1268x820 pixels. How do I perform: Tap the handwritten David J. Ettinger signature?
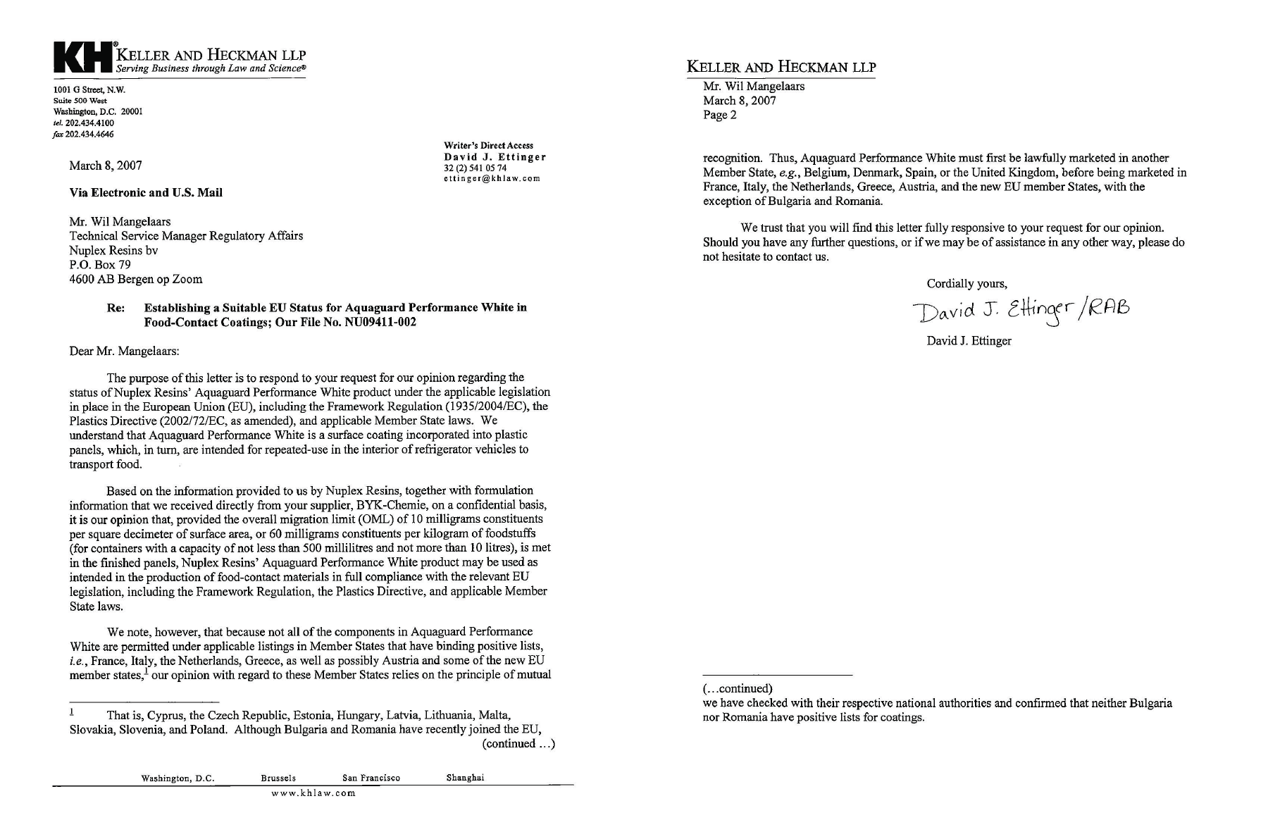[1020, 311]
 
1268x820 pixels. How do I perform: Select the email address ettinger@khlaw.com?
[492, 178]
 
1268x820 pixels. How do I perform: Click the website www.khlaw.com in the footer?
[313, 793]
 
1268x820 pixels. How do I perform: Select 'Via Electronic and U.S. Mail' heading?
[146, 193]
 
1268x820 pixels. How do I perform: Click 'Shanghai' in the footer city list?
[465, 778]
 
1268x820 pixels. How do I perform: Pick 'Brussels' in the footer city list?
[278, 778]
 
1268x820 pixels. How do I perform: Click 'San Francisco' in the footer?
[371, 778]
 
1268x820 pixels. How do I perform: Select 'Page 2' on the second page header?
[719, 116]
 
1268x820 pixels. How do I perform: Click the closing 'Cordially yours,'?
[966, 284]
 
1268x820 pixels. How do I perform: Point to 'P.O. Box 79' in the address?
[100, 265]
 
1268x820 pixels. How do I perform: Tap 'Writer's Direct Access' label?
[488, 145]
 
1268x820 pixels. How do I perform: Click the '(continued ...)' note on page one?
[518, 744]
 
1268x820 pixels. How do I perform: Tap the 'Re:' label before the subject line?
[116, 308]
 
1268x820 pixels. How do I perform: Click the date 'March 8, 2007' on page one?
[106, 166]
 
